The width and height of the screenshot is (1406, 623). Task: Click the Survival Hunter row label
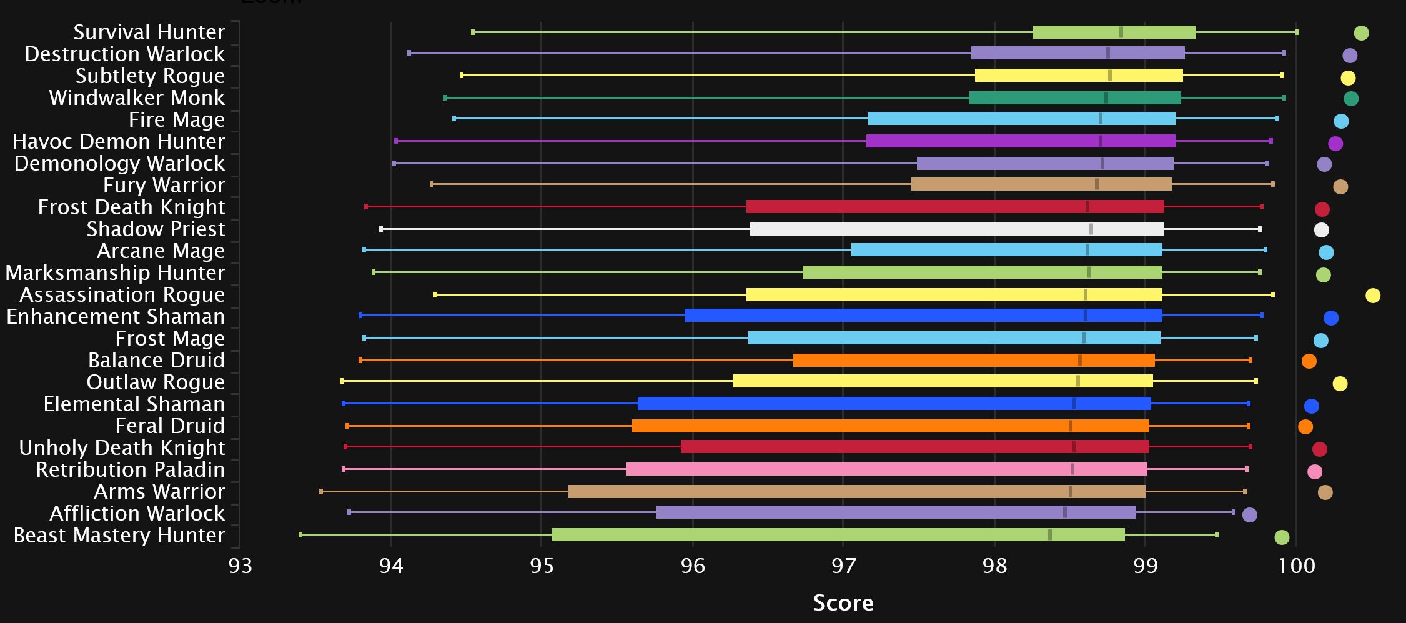[149, 32]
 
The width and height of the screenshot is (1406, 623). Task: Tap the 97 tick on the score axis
[843, 566]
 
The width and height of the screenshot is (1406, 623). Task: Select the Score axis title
[843, 603]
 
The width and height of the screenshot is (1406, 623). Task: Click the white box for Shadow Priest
[957, 229]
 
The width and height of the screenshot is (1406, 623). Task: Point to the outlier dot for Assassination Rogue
[1372, 296]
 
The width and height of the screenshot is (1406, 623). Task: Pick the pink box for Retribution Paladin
[886, 469]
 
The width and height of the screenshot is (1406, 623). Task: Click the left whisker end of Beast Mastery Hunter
[300, 535]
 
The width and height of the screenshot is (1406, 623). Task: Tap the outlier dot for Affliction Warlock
[1249, 515]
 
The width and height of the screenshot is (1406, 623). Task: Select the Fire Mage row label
[177, 119]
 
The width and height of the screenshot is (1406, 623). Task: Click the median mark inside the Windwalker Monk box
[1106, 98]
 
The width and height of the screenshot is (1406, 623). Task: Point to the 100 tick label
[1297, 566]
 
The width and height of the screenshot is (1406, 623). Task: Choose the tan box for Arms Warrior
[856, 492]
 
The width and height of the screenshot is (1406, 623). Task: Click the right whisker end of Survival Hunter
[1297, 32]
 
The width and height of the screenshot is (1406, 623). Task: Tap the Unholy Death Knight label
[122, 447]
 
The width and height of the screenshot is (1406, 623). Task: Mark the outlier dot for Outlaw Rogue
[1340, 384]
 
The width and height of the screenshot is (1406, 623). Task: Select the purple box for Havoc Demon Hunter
[1020, 141]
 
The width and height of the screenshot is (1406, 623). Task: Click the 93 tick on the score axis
[240, 566]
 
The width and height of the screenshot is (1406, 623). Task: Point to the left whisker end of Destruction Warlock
[409, 53]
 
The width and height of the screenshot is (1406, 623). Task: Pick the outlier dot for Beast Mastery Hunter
[1282, 537]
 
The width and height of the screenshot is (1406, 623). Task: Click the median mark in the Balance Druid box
[1079, 361]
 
